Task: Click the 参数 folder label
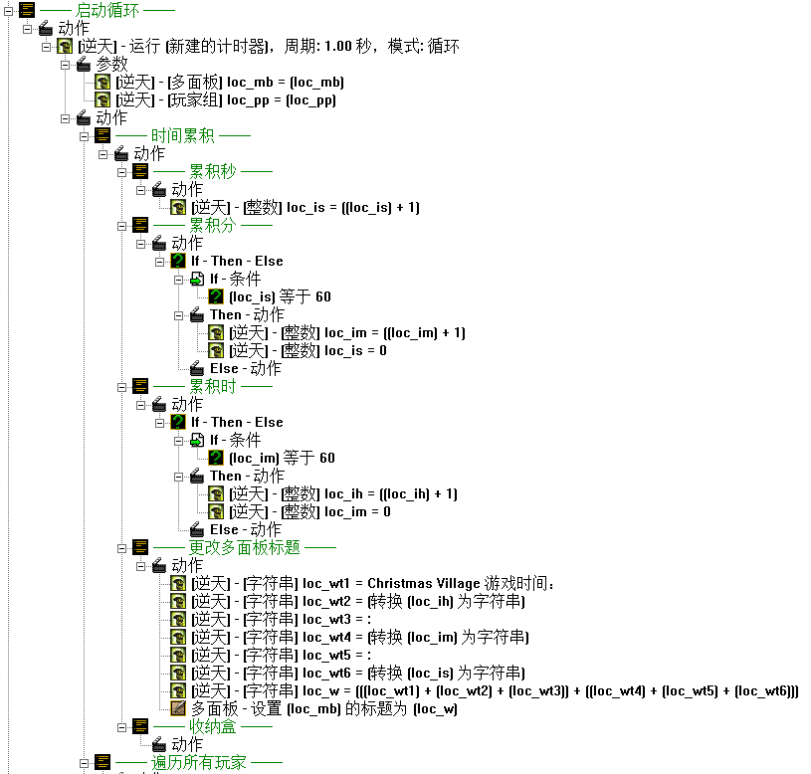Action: click(111, 64)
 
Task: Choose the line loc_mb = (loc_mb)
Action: click(229, 82)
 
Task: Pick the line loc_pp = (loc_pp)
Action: click(225, 99)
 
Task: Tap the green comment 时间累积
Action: click(182, 135)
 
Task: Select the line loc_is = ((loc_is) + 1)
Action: click(304, 207)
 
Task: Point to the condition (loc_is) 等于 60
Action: click(280, 296)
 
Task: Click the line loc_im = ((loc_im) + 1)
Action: click(346, 332)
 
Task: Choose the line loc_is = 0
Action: click(307, 350)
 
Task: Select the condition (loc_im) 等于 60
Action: click(282, 458)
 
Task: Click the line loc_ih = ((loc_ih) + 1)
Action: click(342, 493)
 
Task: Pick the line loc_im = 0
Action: click(309, 511)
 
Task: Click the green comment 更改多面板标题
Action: click(244, 547)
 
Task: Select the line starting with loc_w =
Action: click(495, 690)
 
